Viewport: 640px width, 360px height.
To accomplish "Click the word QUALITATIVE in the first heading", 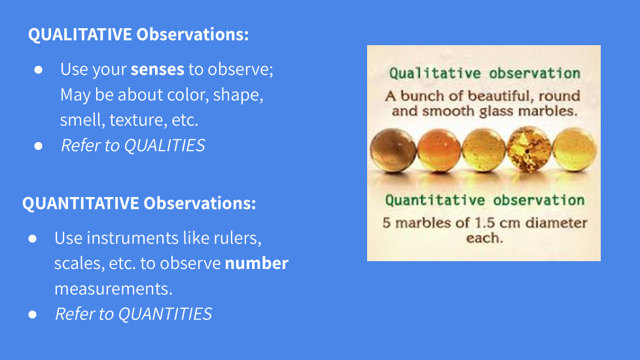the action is pos(80,34).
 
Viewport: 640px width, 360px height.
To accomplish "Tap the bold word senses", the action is pos(158,69).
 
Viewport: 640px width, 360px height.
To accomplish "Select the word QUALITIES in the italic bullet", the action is pos(164,145).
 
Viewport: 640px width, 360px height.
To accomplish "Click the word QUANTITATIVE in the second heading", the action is pos(80,204).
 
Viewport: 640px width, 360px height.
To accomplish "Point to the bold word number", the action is pos(257,263).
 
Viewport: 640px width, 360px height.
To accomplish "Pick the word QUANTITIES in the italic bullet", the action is pos(165,314).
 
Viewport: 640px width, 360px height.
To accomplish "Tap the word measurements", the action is pos(113,289).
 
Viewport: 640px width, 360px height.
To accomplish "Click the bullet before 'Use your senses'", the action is pos(39,70).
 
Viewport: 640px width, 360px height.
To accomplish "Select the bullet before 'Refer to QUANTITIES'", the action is pos(33,315).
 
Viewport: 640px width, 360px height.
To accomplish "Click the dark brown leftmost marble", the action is pos(393,150).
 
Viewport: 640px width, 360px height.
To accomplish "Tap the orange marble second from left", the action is pos(439,150).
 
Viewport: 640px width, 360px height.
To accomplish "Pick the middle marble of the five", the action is pos(484,150).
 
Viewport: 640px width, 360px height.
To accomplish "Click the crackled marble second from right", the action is pos(529,149).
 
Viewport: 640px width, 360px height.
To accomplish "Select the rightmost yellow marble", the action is pos(575,149).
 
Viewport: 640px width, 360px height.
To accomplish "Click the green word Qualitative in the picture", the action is pos(435,73).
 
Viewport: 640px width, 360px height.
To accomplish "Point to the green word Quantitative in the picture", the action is pos(435,200).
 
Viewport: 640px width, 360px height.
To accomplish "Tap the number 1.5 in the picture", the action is pos(485,223).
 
